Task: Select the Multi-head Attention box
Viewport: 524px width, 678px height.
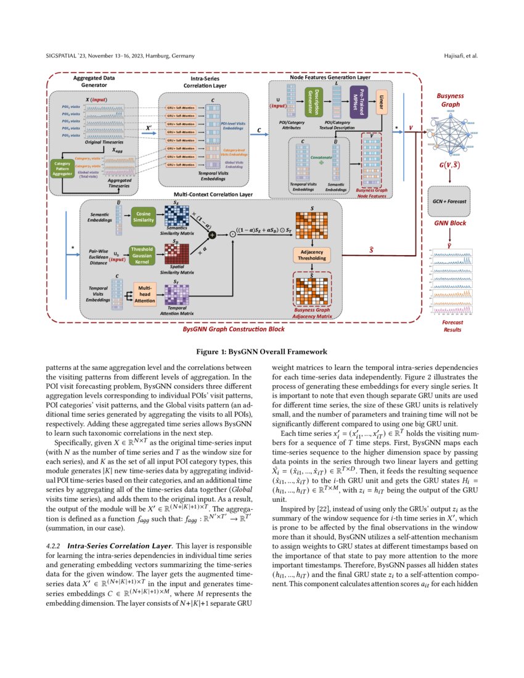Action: point(145,295)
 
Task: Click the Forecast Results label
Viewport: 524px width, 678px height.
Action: point(452,325)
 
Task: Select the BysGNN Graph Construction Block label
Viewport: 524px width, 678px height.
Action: point(234,330)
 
